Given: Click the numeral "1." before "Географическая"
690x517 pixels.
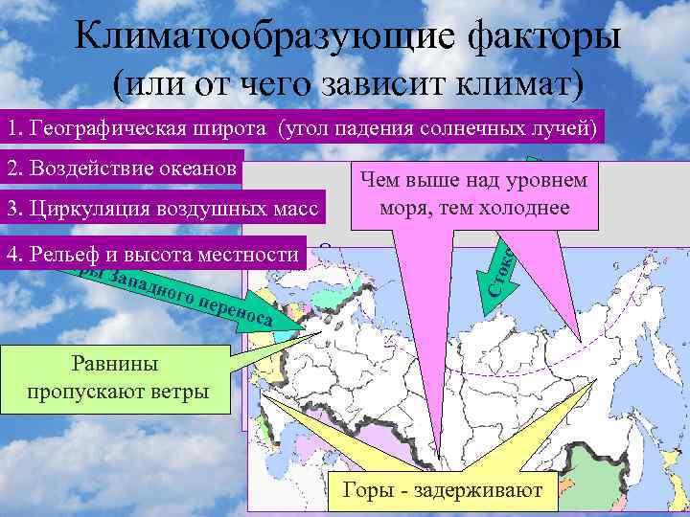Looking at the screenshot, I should coord(13,127).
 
